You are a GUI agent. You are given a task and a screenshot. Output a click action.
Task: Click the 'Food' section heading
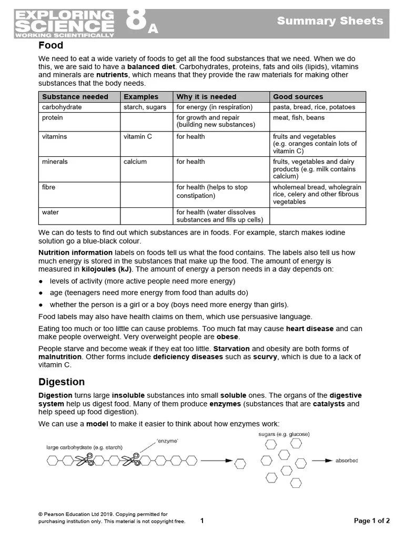51,46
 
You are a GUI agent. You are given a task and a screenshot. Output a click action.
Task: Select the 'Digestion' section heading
62,382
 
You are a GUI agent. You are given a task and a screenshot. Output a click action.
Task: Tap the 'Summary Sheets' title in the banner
330,21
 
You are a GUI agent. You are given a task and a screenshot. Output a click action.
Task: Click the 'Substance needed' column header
75,97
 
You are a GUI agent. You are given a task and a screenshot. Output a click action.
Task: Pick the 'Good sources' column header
298,97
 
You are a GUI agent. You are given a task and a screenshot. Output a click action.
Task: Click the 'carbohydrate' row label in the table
62,107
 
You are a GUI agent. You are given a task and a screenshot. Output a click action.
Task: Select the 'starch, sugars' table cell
145,107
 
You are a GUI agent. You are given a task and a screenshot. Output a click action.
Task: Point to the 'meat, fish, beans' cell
298,117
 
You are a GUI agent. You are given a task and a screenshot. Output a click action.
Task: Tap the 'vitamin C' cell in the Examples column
138,136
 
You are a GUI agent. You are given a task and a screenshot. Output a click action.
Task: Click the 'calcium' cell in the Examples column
135,162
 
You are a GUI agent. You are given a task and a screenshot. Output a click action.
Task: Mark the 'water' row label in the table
50,212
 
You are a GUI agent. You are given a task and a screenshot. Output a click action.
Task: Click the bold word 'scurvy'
265,357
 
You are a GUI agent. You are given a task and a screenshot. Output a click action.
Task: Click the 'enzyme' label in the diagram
167,441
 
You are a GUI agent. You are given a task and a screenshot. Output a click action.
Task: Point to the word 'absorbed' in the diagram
347,461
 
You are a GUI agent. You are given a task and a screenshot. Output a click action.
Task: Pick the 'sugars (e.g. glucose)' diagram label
284,434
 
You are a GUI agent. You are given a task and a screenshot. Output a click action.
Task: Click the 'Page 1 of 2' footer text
372,521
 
